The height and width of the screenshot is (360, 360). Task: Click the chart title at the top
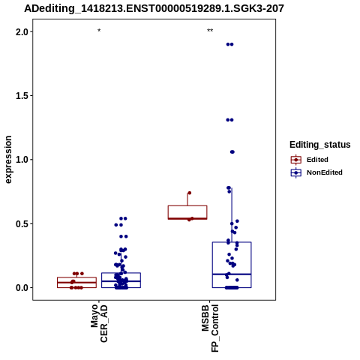(154, 9)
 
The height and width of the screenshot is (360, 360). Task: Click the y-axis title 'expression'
(8, 160)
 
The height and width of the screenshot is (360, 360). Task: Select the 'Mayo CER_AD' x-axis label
(99, 323)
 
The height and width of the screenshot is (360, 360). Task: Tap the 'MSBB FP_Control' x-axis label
(210, 328)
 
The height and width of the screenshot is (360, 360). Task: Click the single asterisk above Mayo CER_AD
(99, 31)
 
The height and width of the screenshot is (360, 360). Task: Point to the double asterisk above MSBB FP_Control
(210, 31)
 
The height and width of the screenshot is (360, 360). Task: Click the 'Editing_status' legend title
(320, 145)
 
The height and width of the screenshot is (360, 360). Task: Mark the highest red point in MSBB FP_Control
(190, 193)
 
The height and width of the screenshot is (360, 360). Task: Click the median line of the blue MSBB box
(232, 274)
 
